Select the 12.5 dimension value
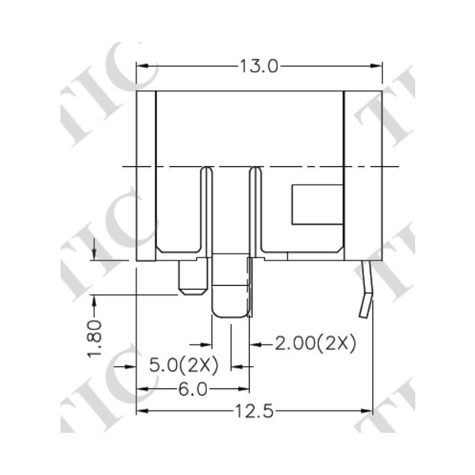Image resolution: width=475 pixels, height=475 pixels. (255, 411)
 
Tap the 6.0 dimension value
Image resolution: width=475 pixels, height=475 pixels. (192, 389)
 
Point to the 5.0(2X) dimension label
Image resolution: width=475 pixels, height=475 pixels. (184, 365)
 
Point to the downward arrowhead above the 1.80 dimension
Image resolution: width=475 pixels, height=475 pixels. (93, 254)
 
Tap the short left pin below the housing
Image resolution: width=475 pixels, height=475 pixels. (192, 277)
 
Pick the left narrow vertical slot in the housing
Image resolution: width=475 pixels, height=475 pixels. (205, 211)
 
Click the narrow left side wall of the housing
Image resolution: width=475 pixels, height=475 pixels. (146, 176)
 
